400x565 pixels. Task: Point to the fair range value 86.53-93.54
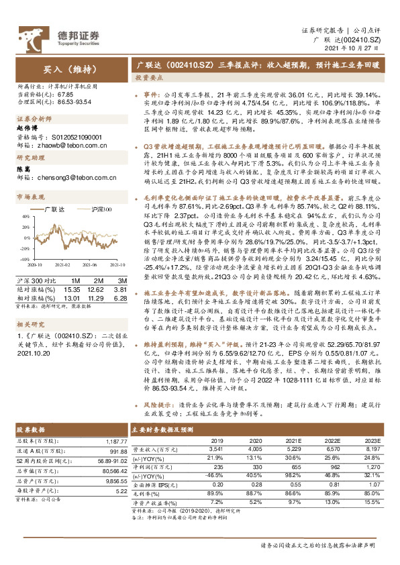click(x=68, y=101)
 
